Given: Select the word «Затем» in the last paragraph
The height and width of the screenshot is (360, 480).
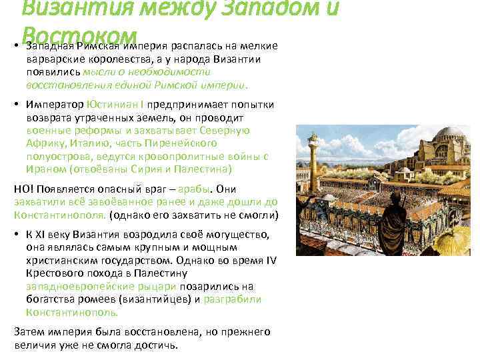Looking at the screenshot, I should pos(29,331).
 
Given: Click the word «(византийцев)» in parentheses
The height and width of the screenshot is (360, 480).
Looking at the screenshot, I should pos(161,299).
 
